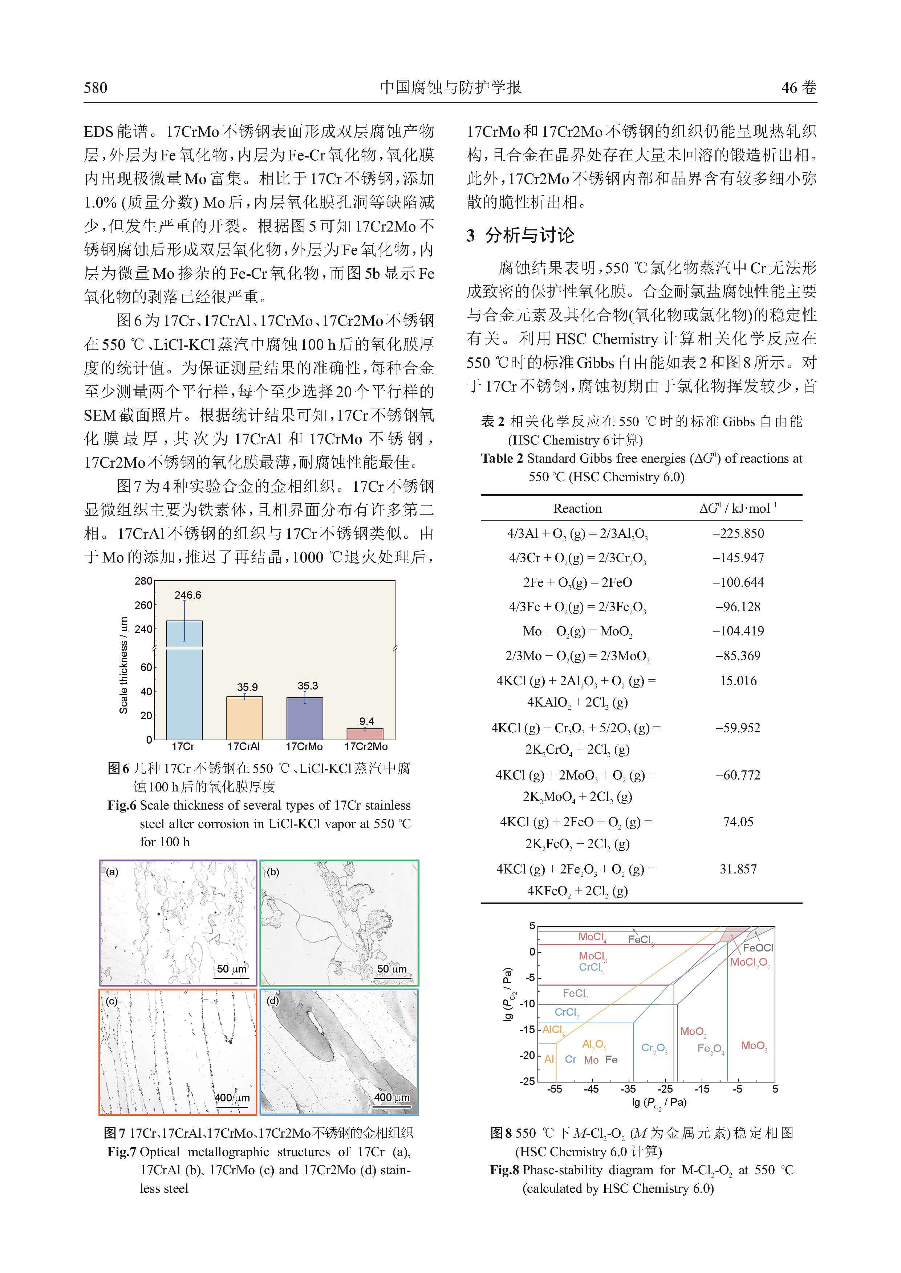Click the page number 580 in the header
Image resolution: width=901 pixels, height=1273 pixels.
pyautogui.click(x=96, y=87)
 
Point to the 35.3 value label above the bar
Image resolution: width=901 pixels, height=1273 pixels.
pyautogui.click(x=308, y=686)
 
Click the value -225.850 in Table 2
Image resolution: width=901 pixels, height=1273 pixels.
pyautogui.click(x=738, y=533)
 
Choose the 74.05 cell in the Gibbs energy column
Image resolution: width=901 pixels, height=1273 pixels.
pyautogui.click(x=738, y=822)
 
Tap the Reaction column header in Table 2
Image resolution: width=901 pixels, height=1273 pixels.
pyautogui.click(x=577, y=508)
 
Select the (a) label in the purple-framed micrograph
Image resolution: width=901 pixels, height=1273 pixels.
pyautogui.click(x=112, y=872)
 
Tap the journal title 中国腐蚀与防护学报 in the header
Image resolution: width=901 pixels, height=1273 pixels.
pyautogui.click(x=450, y=87)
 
